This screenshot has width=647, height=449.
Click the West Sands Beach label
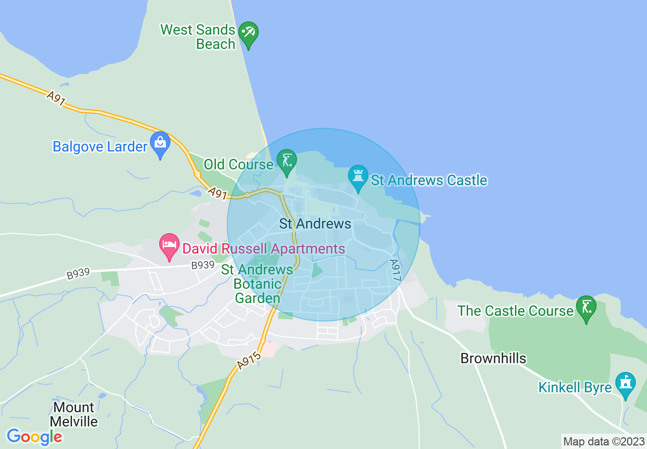(198, 37)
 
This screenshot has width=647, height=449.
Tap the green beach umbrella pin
(248, 35)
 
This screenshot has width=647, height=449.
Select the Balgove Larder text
(100, 147)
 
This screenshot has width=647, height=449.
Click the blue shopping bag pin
(160, 144)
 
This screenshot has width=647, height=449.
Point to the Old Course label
(238, 164)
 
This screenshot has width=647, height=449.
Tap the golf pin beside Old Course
(286, 161)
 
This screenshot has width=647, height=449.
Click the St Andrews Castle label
(429, 180)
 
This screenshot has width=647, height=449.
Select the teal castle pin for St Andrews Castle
(358, 178)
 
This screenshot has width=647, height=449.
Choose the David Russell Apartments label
(264, 249)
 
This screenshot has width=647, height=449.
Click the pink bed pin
(169, 247)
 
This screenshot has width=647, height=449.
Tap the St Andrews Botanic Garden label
(257, 284)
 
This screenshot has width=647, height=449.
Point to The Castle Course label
(515, 311)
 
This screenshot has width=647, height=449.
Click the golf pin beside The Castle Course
(586, 308)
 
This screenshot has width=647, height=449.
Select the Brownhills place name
(493, 358)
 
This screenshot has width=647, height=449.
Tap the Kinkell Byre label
(575, 387)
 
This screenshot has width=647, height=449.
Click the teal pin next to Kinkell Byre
(625, 384)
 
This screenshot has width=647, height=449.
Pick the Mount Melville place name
(74, 414)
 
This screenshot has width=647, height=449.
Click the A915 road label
(249, 360)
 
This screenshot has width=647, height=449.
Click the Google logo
(34, 437)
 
